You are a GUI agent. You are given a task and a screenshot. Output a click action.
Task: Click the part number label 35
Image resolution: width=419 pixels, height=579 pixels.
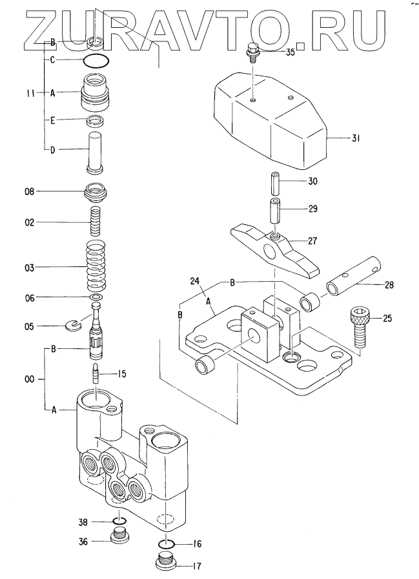point(291,52)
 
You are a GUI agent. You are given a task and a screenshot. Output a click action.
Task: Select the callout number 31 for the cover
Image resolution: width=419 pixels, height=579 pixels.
point(355,138)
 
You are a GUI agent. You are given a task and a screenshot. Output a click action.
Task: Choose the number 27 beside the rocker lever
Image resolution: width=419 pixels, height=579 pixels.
point(312,241)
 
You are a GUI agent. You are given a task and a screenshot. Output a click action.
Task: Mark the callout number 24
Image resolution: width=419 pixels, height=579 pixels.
point(195,281)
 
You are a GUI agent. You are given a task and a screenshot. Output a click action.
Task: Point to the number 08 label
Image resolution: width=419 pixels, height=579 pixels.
point(30,191)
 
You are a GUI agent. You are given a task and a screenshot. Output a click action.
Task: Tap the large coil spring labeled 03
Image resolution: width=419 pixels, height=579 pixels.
point(96,266)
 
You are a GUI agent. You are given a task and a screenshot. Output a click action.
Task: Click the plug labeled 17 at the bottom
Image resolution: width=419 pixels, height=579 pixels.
point(165,561)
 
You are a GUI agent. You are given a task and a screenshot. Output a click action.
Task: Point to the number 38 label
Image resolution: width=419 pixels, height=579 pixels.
point(83,522)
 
